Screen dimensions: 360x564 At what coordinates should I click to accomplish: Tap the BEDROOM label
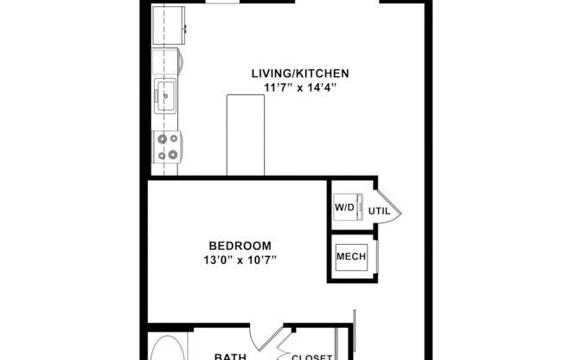click(240, 245)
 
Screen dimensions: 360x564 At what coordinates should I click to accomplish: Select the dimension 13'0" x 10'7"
click(240, 259)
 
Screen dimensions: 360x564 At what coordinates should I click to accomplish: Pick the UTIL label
click(380, 210)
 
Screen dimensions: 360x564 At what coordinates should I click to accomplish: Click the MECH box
click(350, 256)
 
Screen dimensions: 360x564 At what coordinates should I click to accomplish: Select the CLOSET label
click(312, 357)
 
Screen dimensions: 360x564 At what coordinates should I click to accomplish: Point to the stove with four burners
click(166, 147)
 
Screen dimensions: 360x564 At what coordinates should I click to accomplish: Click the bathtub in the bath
click(165, 349)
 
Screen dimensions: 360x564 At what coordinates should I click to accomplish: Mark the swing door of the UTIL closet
click(388, 208)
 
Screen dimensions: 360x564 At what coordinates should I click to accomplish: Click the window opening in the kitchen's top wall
click(222, 3)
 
